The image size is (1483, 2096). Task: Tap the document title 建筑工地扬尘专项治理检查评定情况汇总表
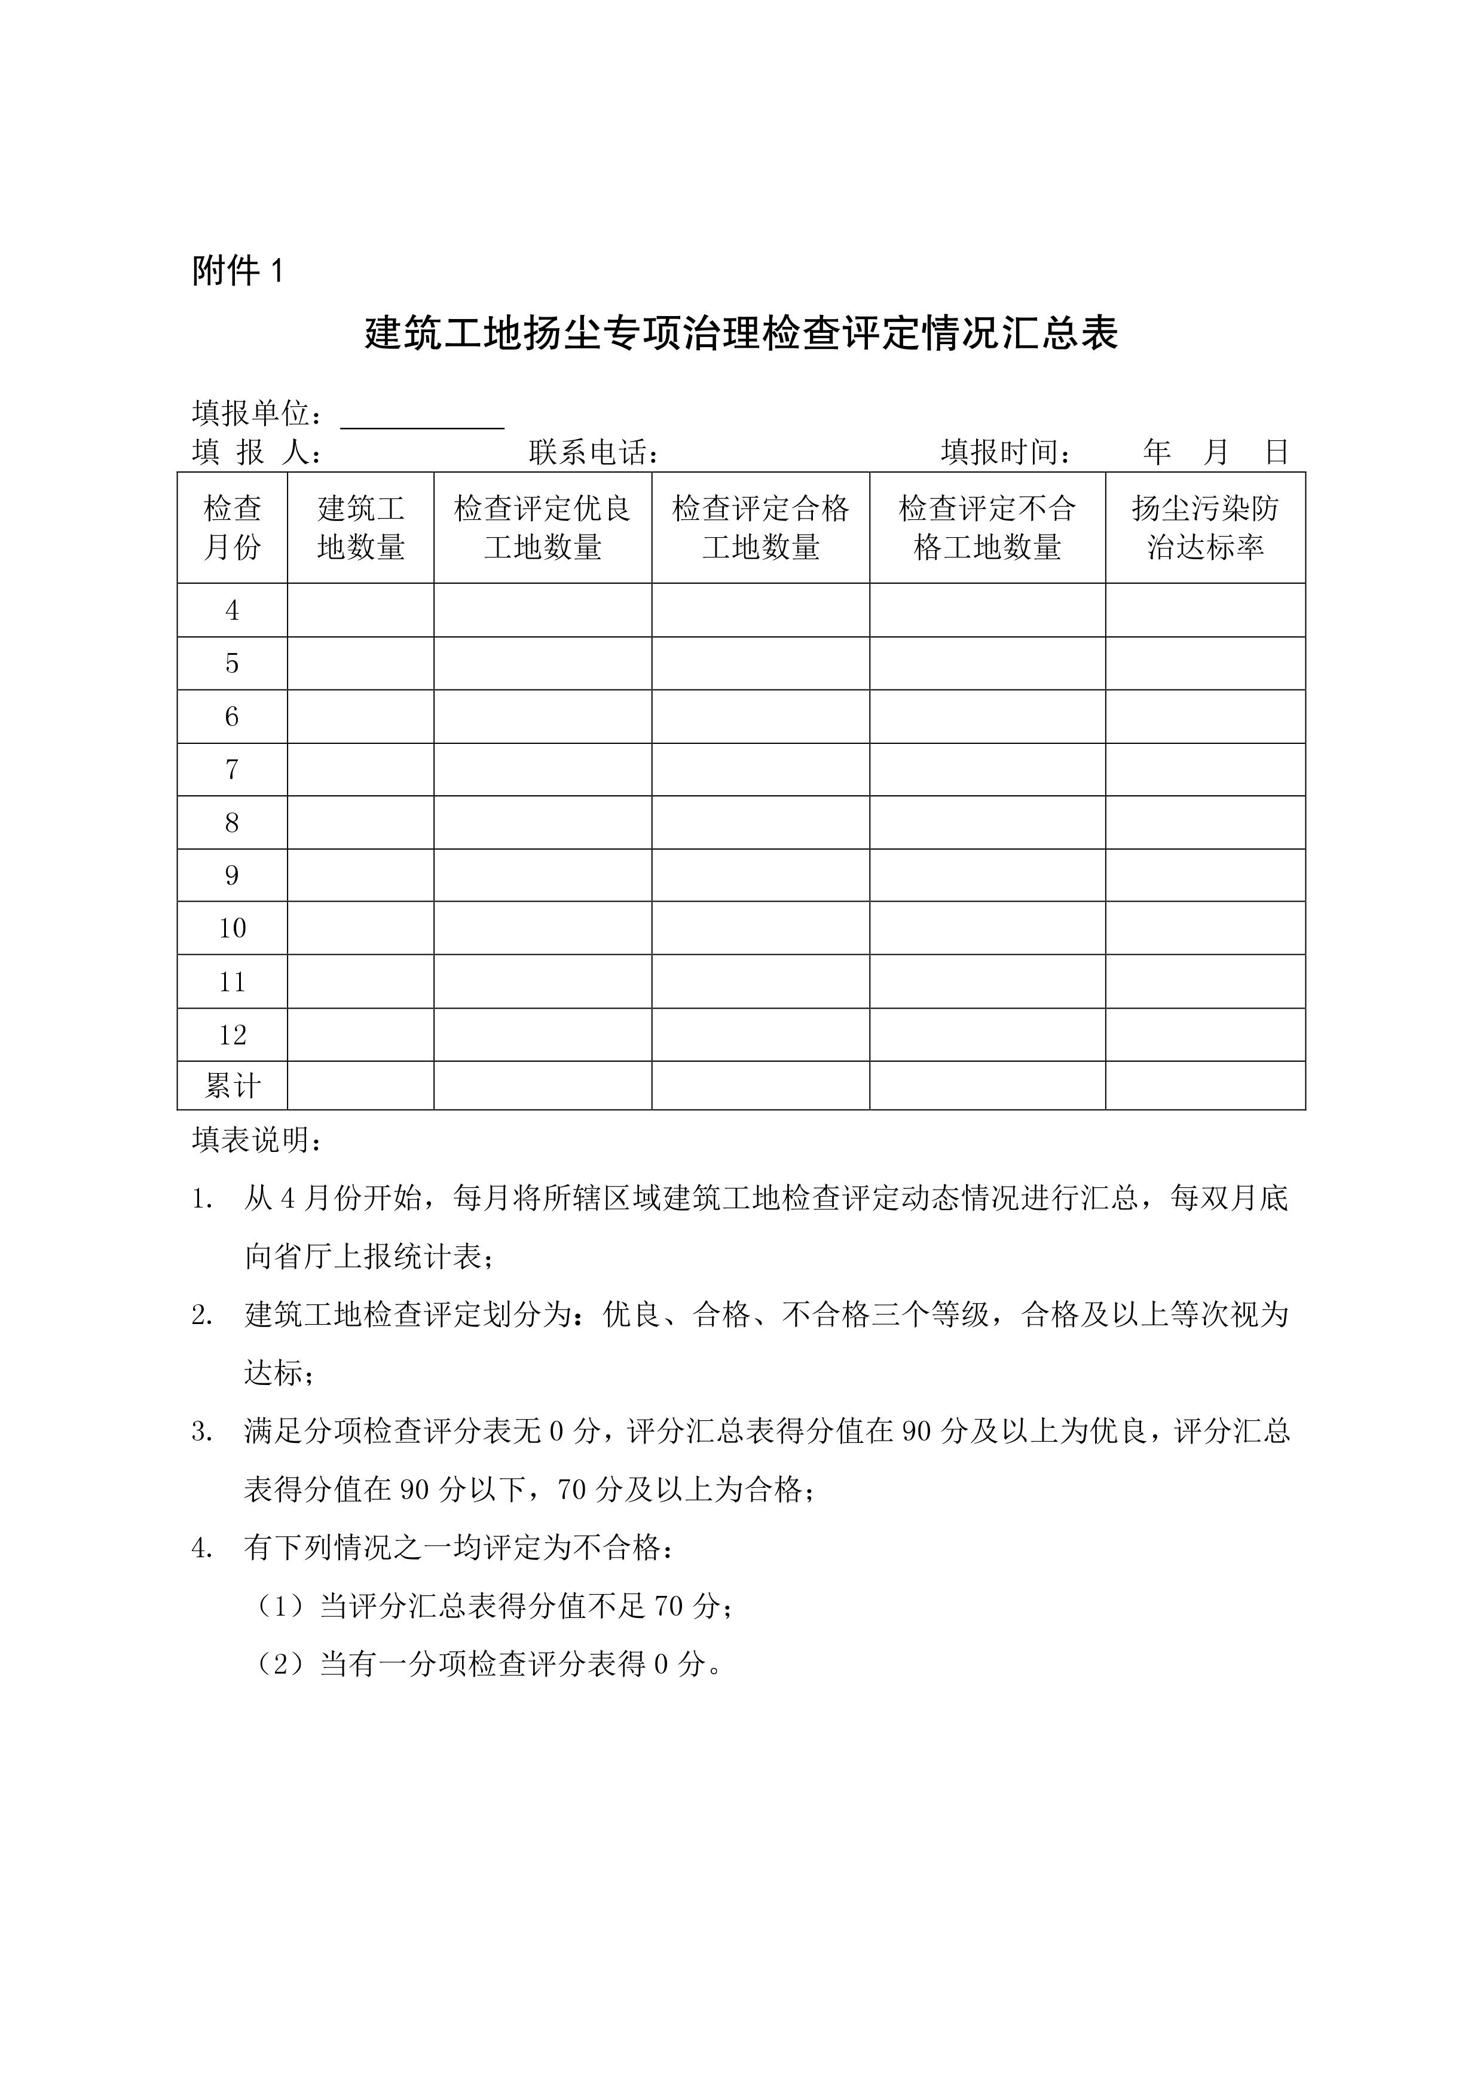[x=741, y=334]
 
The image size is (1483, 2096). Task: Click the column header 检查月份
[x=232, y=528]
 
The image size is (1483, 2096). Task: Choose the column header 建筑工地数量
[x=360, y=528]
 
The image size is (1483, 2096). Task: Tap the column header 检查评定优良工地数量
[x=542, y=528]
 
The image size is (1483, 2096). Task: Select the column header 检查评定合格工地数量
[x=761, y=528]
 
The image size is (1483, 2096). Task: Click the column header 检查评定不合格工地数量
[x=987, y=528]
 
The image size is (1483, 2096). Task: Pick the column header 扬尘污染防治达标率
[x=1206, y=528]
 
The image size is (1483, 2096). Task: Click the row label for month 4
[x=232, y=610]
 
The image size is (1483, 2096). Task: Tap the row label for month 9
[x=232, y=875]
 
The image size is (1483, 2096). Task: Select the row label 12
[x=232, y=1034]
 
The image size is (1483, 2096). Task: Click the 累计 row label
[x=232, y=1086]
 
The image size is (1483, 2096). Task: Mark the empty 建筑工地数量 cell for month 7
[x=360, y=770]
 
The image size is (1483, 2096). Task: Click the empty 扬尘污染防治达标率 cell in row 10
[x=1206, y=929]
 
